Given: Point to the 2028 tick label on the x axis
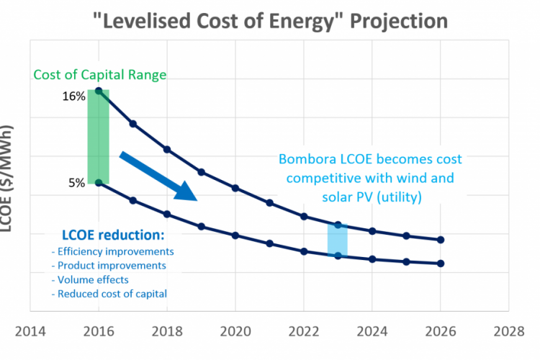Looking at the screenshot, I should pos(509,331).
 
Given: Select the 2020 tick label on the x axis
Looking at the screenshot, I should pos(235,331).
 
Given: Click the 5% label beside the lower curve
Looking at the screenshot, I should pos(77,183).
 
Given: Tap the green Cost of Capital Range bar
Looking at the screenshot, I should pos(98,137).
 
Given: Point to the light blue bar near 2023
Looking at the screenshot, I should pos(338,240).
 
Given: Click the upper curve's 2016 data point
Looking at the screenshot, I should pos(99,90).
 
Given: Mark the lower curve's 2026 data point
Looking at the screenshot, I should pos(441,264).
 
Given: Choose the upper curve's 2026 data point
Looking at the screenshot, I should pos(441,240).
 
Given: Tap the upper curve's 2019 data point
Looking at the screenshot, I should pos(202,172).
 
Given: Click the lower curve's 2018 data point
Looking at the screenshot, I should pos(167,214).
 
